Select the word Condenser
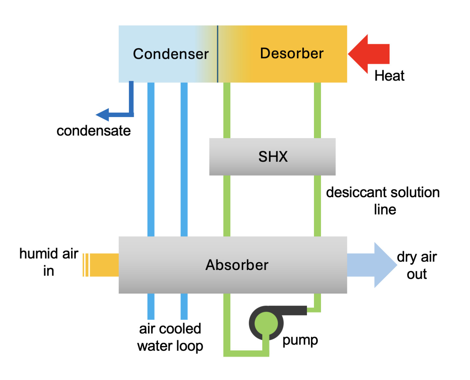[171, 54]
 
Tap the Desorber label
[292, 53]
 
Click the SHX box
[272, 156]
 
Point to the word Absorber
[237, 265]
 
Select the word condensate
[93, 131]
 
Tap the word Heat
[389, 76]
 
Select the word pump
[300, 340]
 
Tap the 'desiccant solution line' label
[383, 201]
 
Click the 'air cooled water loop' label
[170, 337]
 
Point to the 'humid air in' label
[49, 262]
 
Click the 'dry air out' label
[417, 265]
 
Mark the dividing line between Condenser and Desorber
[218, 54]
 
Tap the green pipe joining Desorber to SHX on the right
[317, 110]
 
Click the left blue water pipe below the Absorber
[151, 306]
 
